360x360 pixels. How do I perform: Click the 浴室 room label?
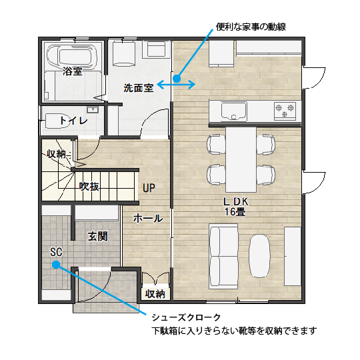[x=72, y=71]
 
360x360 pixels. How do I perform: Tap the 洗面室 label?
[x=139, y=88]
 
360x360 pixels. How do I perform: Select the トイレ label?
[x=73, y=121]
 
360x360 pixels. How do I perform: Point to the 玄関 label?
[x=97, y=236]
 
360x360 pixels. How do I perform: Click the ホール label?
[x=148, y=219]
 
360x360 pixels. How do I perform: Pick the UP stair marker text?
[x=149, y=188]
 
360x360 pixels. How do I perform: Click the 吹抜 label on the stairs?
[x=89, y=187]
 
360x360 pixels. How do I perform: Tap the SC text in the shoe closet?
[x=56, y=252]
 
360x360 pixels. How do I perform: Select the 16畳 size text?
[x=235, y=212]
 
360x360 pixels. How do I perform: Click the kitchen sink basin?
[x=234, y=111]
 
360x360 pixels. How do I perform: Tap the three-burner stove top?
[x=285, y=111]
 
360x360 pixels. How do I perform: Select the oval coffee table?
[x=260, y=256]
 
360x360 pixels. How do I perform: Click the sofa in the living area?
[x=223, y=257]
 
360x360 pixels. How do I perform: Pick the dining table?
[x=241, y=159]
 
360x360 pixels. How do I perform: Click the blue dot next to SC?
[x=56, y=265]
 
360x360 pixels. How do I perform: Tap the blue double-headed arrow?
[x=176, y=85]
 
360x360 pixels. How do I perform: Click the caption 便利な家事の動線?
[x=251, y=27]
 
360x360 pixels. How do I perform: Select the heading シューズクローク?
[x=186, y=317]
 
